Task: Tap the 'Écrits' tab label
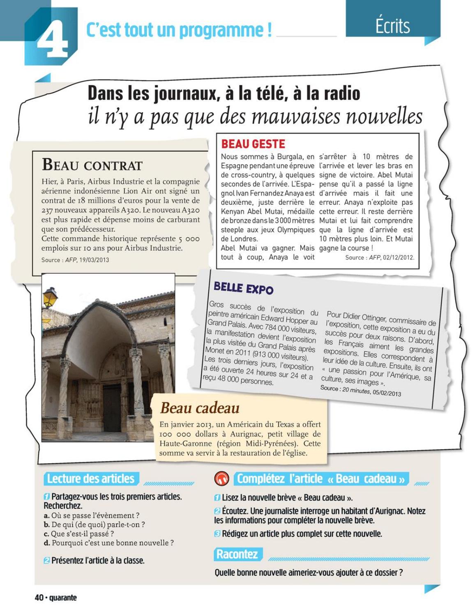[x=392, y=26]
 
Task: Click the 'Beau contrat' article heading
[x=92, y=165]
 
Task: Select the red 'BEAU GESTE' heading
[x=253, y=144]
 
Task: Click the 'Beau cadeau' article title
[x=200, y=408]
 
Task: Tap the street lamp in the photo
[x=50, y=297]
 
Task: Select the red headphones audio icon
[x=222, y=479]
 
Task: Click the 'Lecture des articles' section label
[x=91, y=479]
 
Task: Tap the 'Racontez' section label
[x=237, y=554]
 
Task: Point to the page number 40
[x=39, y=597]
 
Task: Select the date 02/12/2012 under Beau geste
[x=398, y=257]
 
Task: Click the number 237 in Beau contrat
[x=48, y=210]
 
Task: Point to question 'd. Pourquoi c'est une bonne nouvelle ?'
[x=108, y=543]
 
